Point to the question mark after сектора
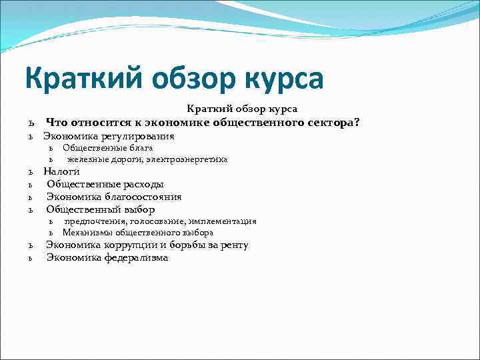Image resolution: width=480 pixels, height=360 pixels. (357, 122)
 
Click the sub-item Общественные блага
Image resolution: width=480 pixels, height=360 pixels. (107, 147)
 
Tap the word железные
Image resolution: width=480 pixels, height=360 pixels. (85, 159)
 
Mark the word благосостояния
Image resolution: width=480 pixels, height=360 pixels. (140, 197)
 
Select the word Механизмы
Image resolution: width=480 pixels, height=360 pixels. (87, 233)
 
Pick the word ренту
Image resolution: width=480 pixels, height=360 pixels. (234, 245)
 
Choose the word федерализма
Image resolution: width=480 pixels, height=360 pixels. (136, 257)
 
